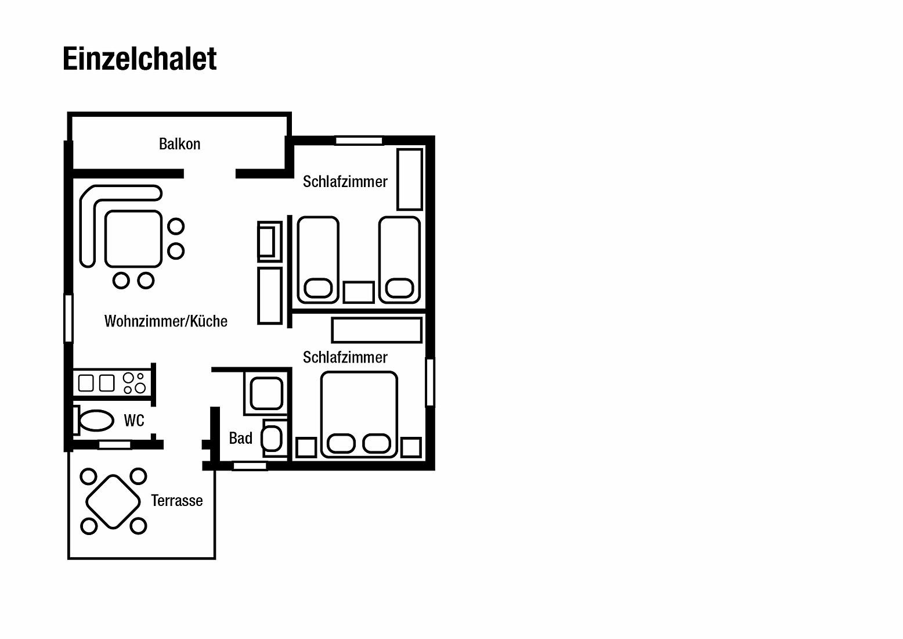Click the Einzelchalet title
139,59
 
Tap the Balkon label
179,144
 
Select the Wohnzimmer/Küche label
165,321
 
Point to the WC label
134,421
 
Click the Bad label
241,438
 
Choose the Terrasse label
177,501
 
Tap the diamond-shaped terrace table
113,502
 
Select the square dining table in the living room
133,239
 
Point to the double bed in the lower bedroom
359,415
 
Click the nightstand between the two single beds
359,292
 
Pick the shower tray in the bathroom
266,393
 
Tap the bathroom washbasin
271,439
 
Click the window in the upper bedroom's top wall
359,141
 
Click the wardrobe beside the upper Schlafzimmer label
410,180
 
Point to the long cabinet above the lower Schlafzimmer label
377,330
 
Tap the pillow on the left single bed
318,289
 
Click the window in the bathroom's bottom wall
250,466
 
